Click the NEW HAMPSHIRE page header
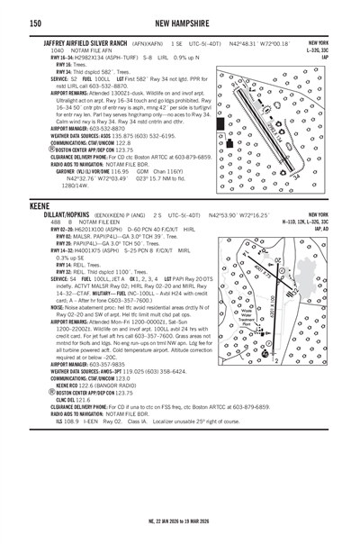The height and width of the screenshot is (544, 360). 180,23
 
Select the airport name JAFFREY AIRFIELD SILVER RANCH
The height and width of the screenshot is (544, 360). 86,43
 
